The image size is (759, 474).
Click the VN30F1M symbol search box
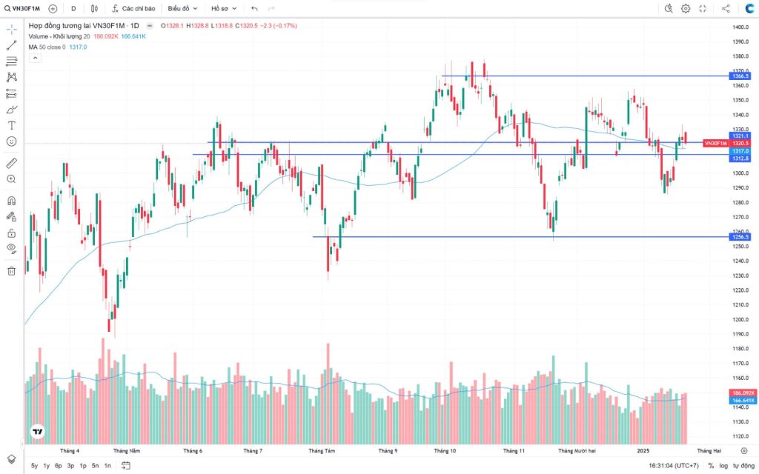(x=22, y=8)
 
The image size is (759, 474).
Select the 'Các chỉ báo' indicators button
(x=134, y=8)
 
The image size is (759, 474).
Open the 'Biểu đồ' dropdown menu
(x=182, y=8)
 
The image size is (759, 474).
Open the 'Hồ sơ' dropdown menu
(x=223, y=8)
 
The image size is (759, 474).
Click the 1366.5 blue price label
(x=740, y=76)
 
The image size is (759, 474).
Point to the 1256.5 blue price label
(x=740, y=237)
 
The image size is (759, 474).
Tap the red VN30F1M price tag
(x=715, y=143)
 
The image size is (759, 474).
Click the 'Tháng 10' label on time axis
(x=445, y=450)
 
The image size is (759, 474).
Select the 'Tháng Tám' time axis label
(x=322, y=450)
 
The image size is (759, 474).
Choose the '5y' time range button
(x=34, y=466)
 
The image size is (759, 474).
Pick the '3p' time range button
(x=70, y=466)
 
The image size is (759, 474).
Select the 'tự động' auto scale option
(x=743, y=466)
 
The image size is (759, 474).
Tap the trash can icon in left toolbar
(x=11, y=270)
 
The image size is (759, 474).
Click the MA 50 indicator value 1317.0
(x=78, y=47)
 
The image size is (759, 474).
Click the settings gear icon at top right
(x=686, y=8)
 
